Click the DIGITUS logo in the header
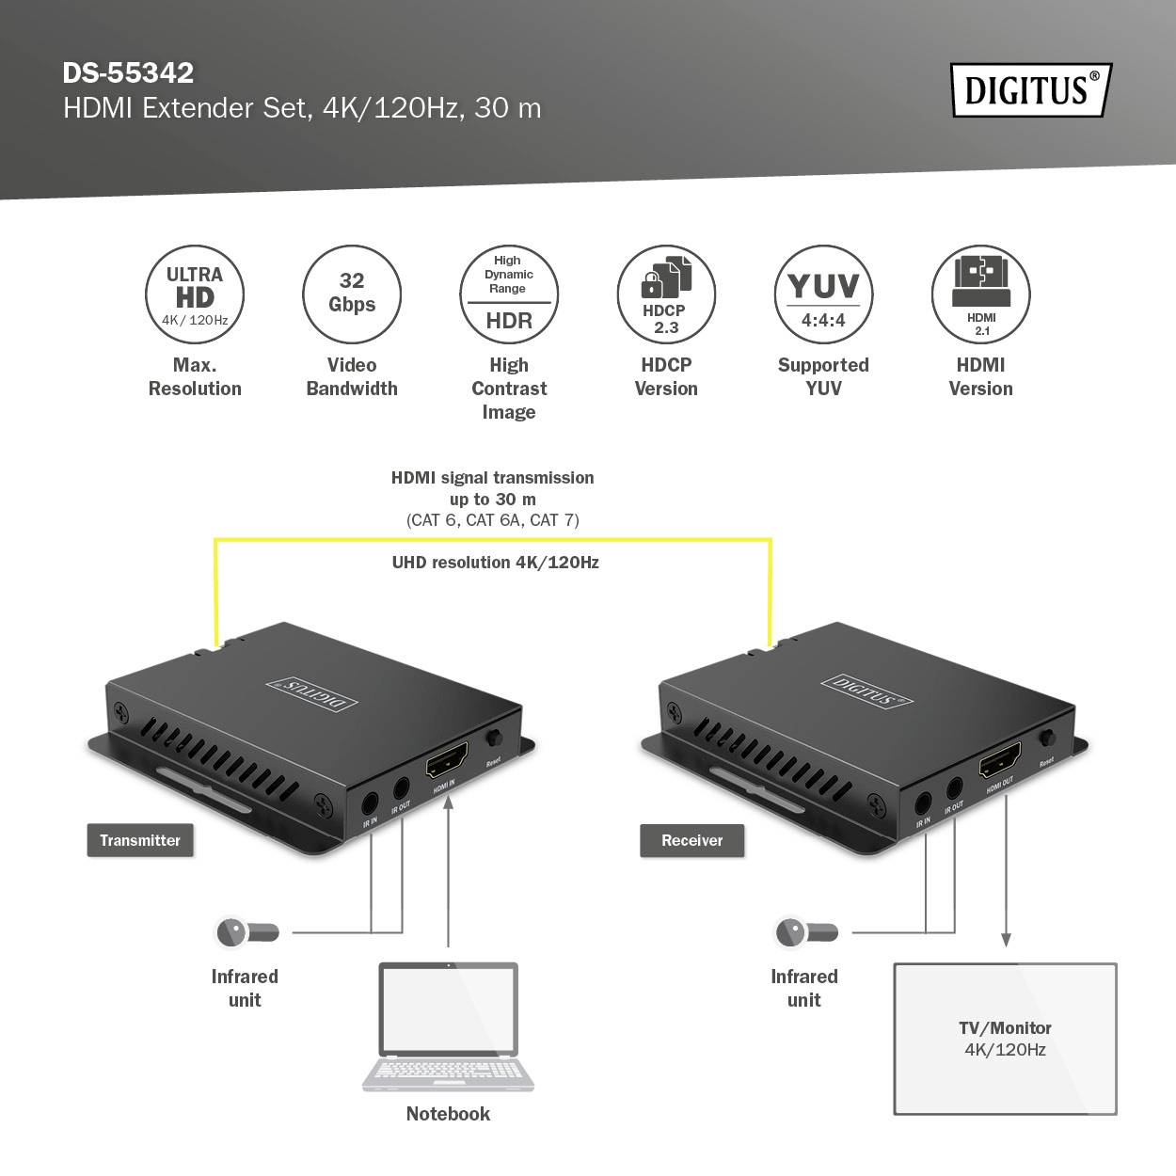click(1030, 90)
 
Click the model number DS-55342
click(128, 72)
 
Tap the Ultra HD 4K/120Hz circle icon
click(195, 294)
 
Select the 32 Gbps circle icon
click(352, 294)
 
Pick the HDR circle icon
click(509, 294)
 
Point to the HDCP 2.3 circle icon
click(666, 294)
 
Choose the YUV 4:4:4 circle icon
click(823, 294)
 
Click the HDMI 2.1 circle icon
click(980, 294)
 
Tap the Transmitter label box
click(140, 840)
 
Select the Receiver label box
click(692, 840)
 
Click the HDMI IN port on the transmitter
click(448, 760)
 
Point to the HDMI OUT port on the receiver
click(1000, 760)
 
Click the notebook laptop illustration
click(448, 1025)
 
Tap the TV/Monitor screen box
click(1005, 1039)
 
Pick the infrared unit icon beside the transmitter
click(246, 932)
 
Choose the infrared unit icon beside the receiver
click(806, 932)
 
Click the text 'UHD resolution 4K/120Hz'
click(495, 563)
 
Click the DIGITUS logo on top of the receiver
click(866, 690)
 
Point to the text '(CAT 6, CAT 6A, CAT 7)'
click(493, 520)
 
